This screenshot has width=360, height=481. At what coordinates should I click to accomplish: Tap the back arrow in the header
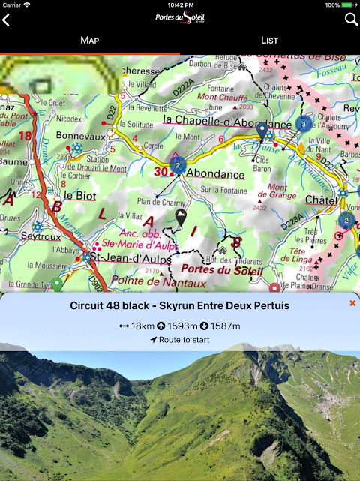(7, 20)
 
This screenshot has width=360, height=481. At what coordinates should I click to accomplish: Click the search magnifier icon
(351, 20)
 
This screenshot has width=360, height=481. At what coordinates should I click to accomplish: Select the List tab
(270, 40)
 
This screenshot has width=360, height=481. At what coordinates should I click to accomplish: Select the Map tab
(90, 40)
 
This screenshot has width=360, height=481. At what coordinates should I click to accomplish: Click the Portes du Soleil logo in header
(179, 19)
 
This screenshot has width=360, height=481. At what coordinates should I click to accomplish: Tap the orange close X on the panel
(352, 303)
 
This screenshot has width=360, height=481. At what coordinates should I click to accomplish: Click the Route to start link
(180, 340)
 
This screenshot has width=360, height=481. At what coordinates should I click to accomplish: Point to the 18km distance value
(136, 326)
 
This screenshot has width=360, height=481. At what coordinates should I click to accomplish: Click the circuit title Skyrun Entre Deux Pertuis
(180, 305)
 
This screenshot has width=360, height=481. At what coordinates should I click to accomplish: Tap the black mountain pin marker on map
(181, 218)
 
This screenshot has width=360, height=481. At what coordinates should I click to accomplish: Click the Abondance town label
(215, 173)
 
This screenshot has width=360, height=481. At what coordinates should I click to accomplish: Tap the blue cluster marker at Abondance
(178, 164)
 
